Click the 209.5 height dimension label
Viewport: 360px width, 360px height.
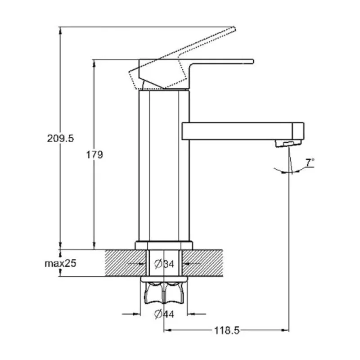pyautogui.click(x=60, y=139)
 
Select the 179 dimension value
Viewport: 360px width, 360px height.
pyautogui.click(x=94, y=155)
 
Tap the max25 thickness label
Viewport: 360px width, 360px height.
pyautogui.click(x=60, y=263)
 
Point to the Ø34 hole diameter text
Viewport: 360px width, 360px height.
pyautogui.click(x=164, y=264)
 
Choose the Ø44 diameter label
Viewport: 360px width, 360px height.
pyautogui.click(x=164, y=314)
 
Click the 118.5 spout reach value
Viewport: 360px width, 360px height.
pyautogui.click(x=227, y=331)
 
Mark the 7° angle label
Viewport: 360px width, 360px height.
pyautogui.click(x=310, y=162)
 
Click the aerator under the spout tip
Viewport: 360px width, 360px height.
pyautogui.click(x=288, y=144)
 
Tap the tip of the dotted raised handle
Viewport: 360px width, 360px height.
pyautogui.click(x=234, y=28)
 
